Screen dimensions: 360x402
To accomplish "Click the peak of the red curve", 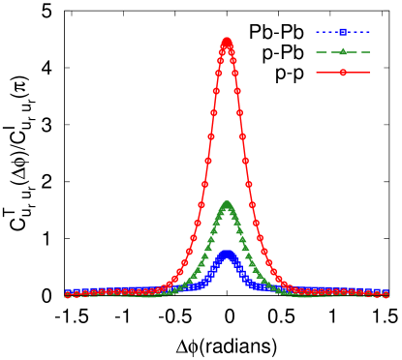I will pyautogui.click(x=227, y=41).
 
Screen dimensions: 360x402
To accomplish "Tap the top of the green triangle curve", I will pyautogui.click(x=227, y=204).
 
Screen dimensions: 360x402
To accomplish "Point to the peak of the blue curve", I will pyautogui.click(x=227, y=254).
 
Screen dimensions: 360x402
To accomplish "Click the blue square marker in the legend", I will pyautogui.click(x=343, y=32).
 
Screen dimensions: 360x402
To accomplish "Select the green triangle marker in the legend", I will pyautogui.click(x=343, y=51).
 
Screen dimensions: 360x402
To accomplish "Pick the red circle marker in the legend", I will pyautogui.click(x=343, y=72).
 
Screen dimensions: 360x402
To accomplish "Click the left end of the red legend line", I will pyautogui.click(x=317, y=72).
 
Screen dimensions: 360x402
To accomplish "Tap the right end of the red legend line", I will pyautogui.click(x=369, y=72).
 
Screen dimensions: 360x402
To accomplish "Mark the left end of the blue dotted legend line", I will pyautogui.click(x=317, y=32).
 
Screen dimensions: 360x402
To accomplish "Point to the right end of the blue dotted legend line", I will pyautogui.click(x=369, y=32).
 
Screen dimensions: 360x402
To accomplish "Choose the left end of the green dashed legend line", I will pyautogui.click(x=317, y=51).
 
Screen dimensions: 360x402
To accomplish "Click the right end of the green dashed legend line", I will pyautogui.click(x=369, y=51).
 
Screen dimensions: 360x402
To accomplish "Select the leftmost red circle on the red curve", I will pyautogui.click(x=67, y=294).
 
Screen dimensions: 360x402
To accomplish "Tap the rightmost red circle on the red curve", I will pyautogui.click(x=387, y=294).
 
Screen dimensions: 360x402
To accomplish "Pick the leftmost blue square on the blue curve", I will pyautogui.click(x=67, y=291).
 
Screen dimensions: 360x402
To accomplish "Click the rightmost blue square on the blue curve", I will pyautogui.click(x=387, y=291).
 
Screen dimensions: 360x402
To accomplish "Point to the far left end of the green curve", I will pyautogui.click(x=67, y=295).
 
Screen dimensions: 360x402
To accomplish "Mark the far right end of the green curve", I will pyautogui.click(x=387, y=295).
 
